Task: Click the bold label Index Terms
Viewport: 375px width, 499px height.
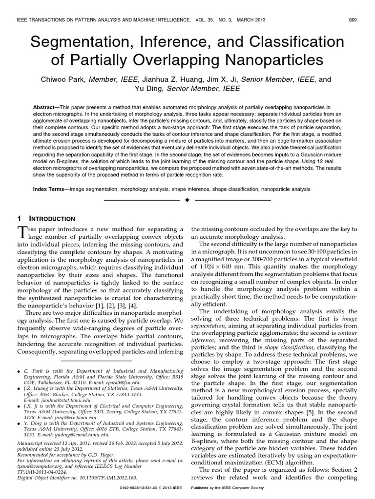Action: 49,188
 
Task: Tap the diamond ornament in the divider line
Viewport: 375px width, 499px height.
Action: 187,200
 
